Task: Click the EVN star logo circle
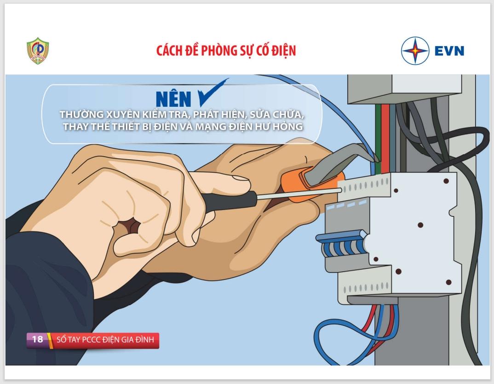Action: pyautogui.click(x=415, y=51)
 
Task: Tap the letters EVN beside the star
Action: pyautogui.click(x=449, y=51)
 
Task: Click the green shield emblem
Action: pyautogui.click(x=38, y=51)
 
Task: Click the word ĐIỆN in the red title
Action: pyautogui.click(x=282, y=51)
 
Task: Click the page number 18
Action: pyautogui.click(x=37, y=339)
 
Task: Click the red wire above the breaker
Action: pyautogui.click(x=385, y=139)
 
